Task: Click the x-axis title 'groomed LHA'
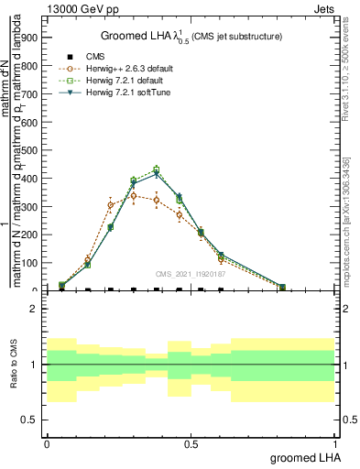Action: click(x=303, y=457)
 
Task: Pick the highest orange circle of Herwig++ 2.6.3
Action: click(x=134, y=195)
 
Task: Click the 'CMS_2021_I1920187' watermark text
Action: click(x=191, y=273)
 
